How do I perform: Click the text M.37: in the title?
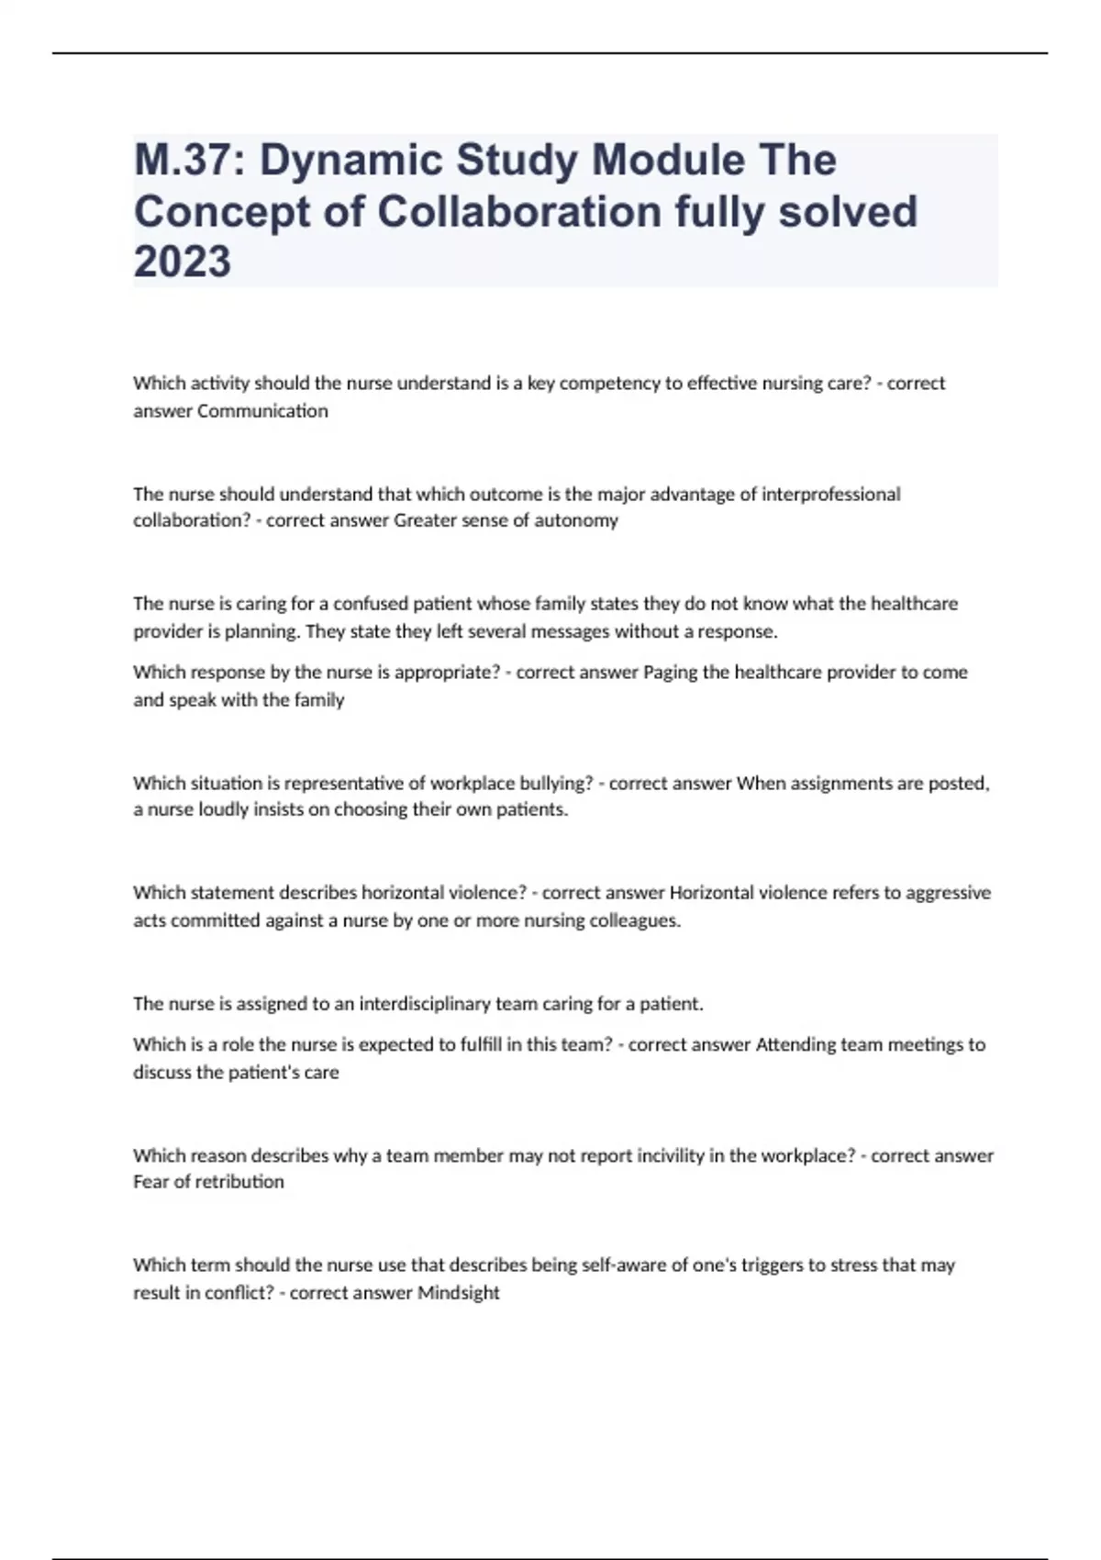coord(188,161)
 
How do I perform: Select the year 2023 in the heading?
coord(183,262)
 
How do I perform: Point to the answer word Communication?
coord(262,411)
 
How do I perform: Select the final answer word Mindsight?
coord(459,1293)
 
